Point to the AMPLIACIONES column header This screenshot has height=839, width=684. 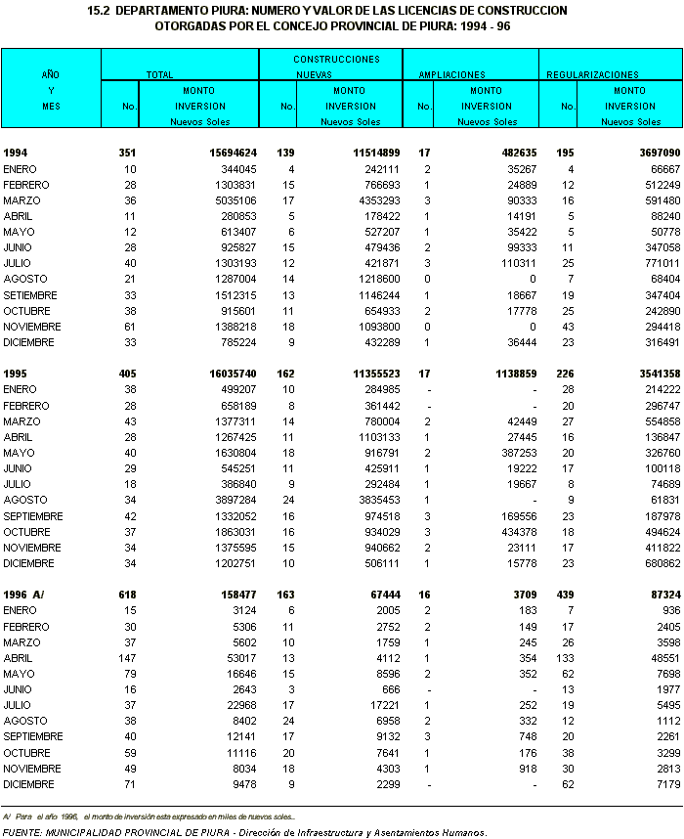coord(451,74)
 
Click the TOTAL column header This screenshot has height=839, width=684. coord(159,74)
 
